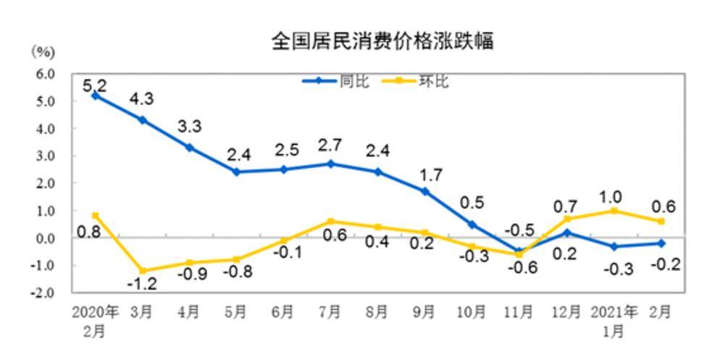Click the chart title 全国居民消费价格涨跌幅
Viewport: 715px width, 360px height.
382,41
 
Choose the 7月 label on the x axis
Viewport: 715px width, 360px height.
330,312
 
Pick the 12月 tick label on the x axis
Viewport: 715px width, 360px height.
566,312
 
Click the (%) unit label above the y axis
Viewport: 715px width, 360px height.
43,51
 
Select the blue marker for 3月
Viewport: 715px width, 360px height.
143,120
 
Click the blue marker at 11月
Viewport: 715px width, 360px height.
519,251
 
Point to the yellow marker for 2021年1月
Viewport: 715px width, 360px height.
614,211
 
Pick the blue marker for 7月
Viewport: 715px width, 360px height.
330,164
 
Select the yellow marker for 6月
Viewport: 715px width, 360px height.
283,240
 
